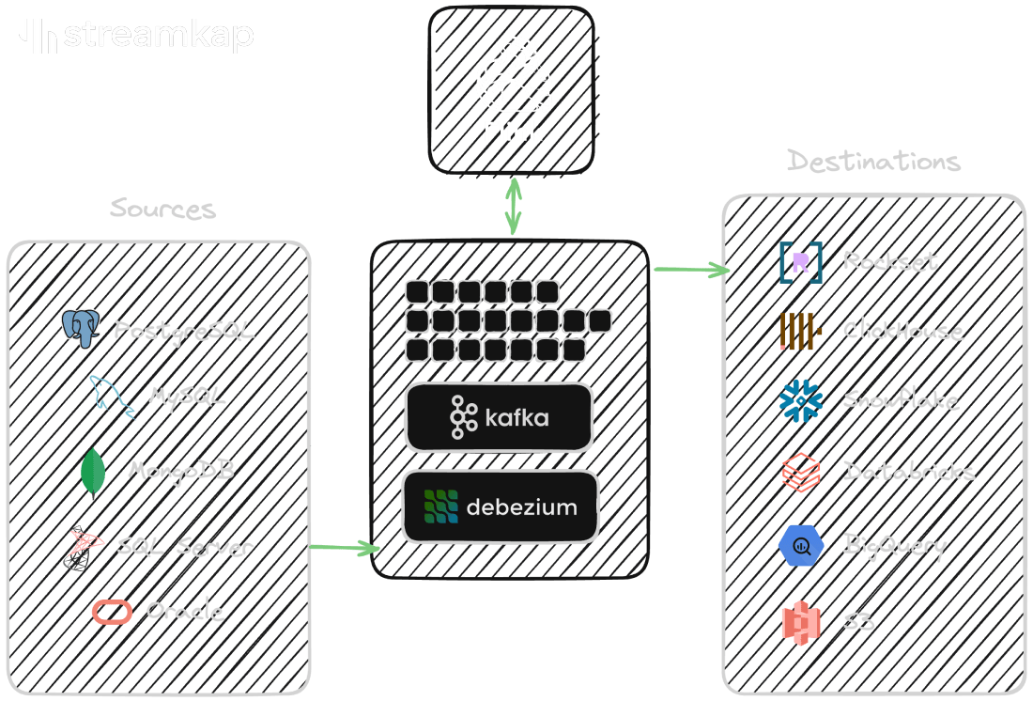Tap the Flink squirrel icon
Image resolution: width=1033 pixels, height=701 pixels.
(512, 75)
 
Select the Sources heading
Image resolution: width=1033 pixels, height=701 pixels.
(162, 208)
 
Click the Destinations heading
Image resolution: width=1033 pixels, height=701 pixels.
(873, 161)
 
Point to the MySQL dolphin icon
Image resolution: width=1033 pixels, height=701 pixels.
(112, 396)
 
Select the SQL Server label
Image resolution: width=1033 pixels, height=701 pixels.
(185, 546)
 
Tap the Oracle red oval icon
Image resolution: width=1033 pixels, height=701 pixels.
(112, 612)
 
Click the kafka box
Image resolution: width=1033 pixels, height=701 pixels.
(499, 417)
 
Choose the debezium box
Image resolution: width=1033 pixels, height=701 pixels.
(500, 507)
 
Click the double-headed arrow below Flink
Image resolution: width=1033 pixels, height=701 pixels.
(513, 207)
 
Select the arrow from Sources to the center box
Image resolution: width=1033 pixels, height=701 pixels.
(345, 547)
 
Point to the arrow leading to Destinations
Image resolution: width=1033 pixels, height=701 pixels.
(691, 271)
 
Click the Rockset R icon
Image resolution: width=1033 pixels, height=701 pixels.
(800, 262)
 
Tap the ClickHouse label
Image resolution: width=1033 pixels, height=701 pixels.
(902, 331)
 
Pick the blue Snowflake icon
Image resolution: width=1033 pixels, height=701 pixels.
(800, 400)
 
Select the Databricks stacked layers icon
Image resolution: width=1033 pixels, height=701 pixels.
(801, 472)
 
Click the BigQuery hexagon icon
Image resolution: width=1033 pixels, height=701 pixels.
(800, 546)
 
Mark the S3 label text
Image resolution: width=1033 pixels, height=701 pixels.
(858, 621)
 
